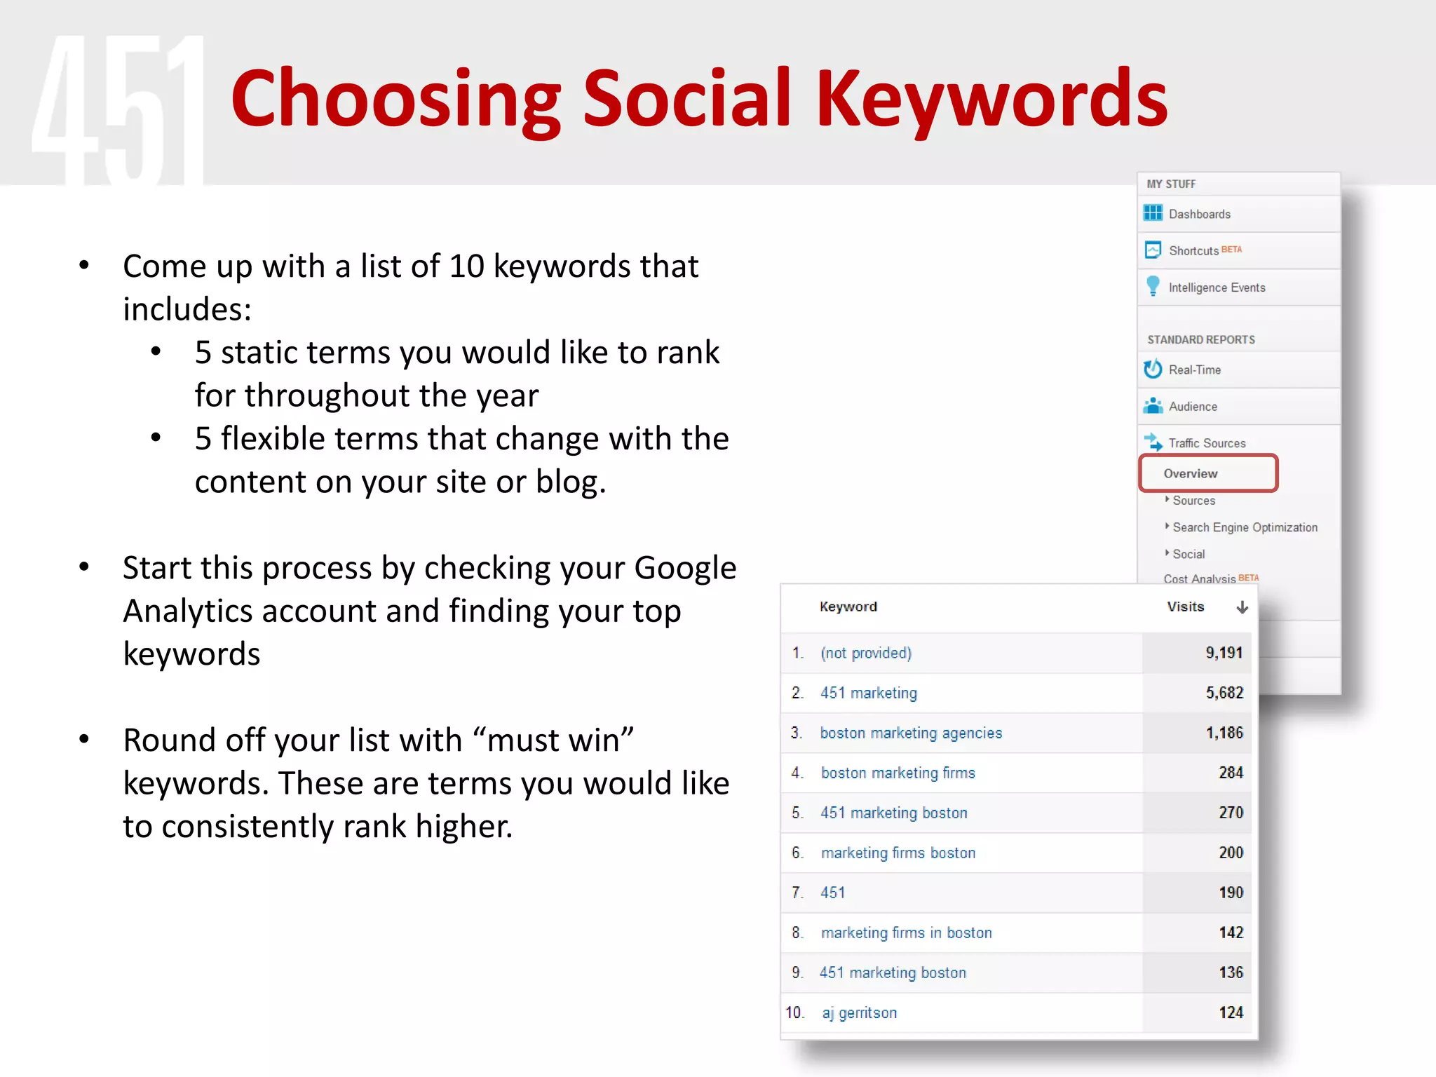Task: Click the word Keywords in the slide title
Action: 991,98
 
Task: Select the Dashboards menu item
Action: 1199,214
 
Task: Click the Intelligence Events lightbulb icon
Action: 1153,286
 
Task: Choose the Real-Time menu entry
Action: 1194,370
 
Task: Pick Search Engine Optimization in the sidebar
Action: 1245,527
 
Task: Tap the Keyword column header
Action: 848,607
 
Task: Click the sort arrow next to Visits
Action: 1242,607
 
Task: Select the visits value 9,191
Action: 1224,653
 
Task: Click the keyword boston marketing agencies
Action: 911,733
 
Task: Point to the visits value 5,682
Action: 1224,693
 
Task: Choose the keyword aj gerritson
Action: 859,1012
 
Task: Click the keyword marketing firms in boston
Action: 906,933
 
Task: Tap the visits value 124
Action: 1231,1012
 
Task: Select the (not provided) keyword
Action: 866,653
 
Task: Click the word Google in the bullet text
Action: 685,568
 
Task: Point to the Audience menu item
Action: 1193,407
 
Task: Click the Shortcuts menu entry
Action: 1193,250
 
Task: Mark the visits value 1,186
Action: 1224,733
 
